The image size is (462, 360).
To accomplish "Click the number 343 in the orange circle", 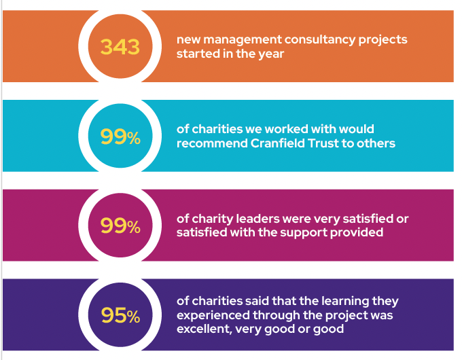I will coord(120,47).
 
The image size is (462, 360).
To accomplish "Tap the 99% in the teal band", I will coord(120,137).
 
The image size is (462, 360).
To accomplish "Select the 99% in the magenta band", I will coord(120,226).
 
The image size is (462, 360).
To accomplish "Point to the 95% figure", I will coord(120,315).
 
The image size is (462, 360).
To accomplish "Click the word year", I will coord(269,54).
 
